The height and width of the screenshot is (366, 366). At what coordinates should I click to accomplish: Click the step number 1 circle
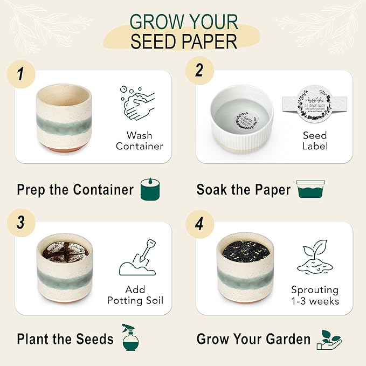coord(20,74)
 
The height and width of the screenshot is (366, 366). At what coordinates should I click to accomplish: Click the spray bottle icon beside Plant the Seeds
coord(130,338)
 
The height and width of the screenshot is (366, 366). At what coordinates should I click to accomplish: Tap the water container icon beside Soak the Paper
coord(310,190)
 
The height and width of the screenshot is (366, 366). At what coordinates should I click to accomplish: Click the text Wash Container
coord(139,141)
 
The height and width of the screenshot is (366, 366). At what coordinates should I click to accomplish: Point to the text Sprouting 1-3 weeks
coord(315,295)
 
